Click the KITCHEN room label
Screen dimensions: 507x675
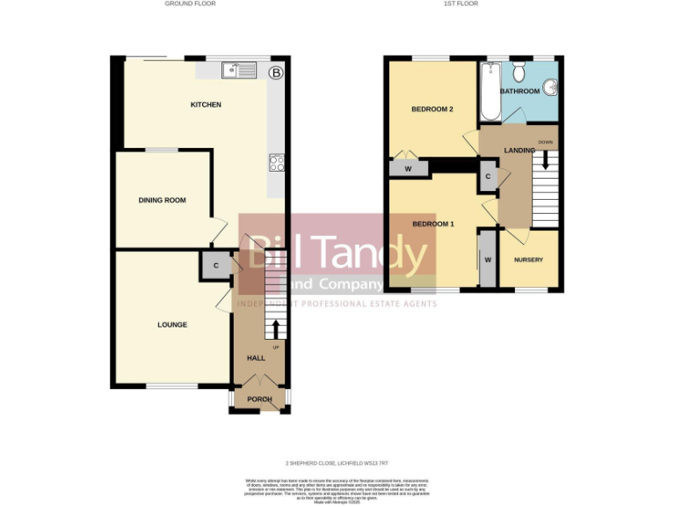[206, 105]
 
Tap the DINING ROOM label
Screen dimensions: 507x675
[163, 201]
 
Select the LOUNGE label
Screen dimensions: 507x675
[172, 325]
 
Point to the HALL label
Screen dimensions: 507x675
[256, 358]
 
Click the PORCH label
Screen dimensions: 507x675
[259, 399]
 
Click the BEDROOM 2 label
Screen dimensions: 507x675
[432, 109]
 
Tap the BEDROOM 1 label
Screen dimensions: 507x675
[432, 224]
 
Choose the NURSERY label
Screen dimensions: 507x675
[528, 260]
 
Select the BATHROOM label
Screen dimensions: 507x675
[519, 91]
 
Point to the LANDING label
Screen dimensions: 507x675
[519, 151]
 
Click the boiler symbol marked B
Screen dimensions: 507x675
[276, 73]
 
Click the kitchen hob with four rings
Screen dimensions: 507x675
[276, 162]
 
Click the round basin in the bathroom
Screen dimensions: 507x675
[549, 87]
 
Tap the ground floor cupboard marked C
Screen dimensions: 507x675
[215, 265]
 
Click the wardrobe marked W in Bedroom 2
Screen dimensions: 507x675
[408, 168]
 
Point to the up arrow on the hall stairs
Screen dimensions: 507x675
[277, 328]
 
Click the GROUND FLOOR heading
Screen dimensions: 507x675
[190, 4]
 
